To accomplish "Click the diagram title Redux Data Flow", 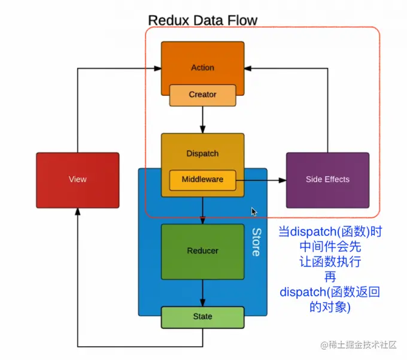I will click(202, 20).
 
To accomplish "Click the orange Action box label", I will click(202, 68).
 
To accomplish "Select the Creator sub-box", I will click(202, 95).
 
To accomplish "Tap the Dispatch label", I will click(202, 153).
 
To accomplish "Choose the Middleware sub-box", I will click(202, 179).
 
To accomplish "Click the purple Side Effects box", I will click(327, 179).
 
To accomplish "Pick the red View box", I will click(77, 179).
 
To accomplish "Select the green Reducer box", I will click(202, 251).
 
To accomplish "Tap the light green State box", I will click(202, 316).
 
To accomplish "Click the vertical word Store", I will click(256, 242).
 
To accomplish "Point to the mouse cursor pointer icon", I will click(254, 212).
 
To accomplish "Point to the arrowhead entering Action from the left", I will click(157, 68).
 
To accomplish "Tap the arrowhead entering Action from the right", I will click(248, 68).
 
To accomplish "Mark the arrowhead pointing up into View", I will click(77, 211).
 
